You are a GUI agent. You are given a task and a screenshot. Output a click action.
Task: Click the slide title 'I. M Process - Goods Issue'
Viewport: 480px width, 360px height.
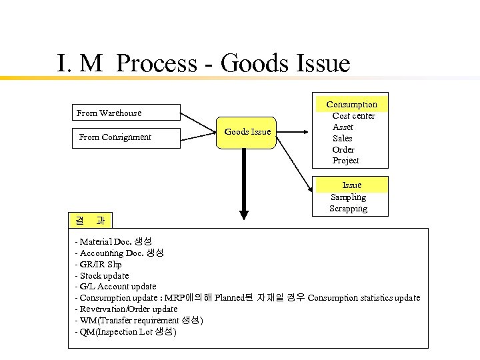click(x=203, y=64)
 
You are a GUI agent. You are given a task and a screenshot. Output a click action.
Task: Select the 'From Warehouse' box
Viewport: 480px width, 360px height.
click(x=127, y=113)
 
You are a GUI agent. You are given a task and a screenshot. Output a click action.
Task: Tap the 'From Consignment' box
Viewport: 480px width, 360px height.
click(x=127, y=137)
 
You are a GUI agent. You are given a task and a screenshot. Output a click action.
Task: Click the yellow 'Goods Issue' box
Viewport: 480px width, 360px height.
click(x=247, y=131)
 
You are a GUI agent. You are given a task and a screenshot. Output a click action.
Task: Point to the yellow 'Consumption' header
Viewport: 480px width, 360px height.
click(x=351, y=105)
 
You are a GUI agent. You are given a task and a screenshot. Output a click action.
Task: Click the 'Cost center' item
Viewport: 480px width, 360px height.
click(x=353, y=116)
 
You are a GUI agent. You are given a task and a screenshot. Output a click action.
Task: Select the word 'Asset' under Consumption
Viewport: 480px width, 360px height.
click(x=343, y=127)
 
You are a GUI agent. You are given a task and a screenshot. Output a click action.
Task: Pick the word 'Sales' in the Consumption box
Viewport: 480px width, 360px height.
click(x=343, y=139)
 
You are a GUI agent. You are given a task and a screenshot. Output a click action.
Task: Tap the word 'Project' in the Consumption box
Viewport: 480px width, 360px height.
click(x=345, y=161)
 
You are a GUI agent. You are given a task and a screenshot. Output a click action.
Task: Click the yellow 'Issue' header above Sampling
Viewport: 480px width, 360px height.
click(x=351, y=185)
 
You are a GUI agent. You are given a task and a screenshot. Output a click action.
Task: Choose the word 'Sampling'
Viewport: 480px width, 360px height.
click(x=348, y=197)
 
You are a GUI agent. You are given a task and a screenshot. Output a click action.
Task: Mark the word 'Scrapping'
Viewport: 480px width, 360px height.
click(x=348, y=209)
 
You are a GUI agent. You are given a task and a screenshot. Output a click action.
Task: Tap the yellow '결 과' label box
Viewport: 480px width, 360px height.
click(x=90, y=220)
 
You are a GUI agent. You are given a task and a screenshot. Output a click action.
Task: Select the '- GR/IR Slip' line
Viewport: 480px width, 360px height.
click(x=99, y=264)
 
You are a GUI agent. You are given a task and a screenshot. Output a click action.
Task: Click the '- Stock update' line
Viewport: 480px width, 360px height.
click(x=102, y=275)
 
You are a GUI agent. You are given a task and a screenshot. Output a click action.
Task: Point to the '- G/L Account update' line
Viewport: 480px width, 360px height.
click(x=116, y=287)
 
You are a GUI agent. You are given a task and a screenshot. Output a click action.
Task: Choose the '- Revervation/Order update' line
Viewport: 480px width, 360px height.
click(x=126, y=309)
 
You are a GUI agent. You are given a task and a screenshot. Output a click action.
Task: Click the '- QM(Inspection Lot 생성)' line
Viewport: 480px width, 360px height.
click(x=125, y=332)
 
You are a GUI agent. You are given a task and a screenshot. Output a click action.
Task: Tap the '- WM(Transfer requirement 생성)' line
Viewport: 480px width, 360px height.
click(x=139, y=321)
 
